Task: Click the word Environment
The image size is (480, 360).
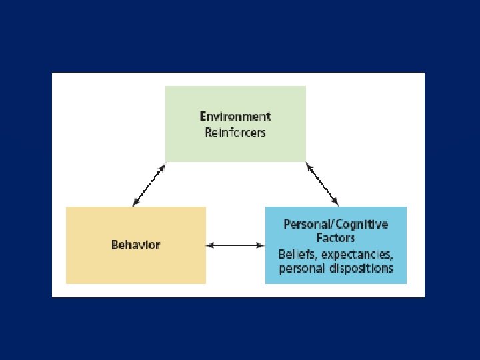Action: click(235, 116)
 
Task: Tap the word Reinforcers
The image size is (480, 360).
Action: click(235, 132)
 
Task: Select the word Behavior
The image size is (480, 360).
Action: click(135, 245)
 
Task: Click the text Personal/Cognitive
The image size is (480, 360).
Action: click(335, 225)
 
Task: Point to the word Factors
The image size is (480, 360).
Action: click(336, 237)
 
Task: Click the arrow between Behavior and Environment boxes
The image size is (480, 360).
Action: click(149, 185)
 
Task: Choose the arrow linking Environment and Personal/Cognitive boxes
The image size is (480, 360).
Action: click(323, 185)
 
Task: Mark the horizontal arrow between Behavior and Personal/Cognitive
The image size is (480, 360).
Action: click(235, 245)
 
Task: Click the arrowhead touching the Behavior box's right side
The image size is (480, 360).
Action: click(209, 245)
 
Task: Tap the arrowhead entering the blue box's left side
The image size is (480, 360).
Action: click(261, 245)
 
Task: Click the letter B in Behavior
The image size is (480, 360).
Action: click(115, 245)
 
